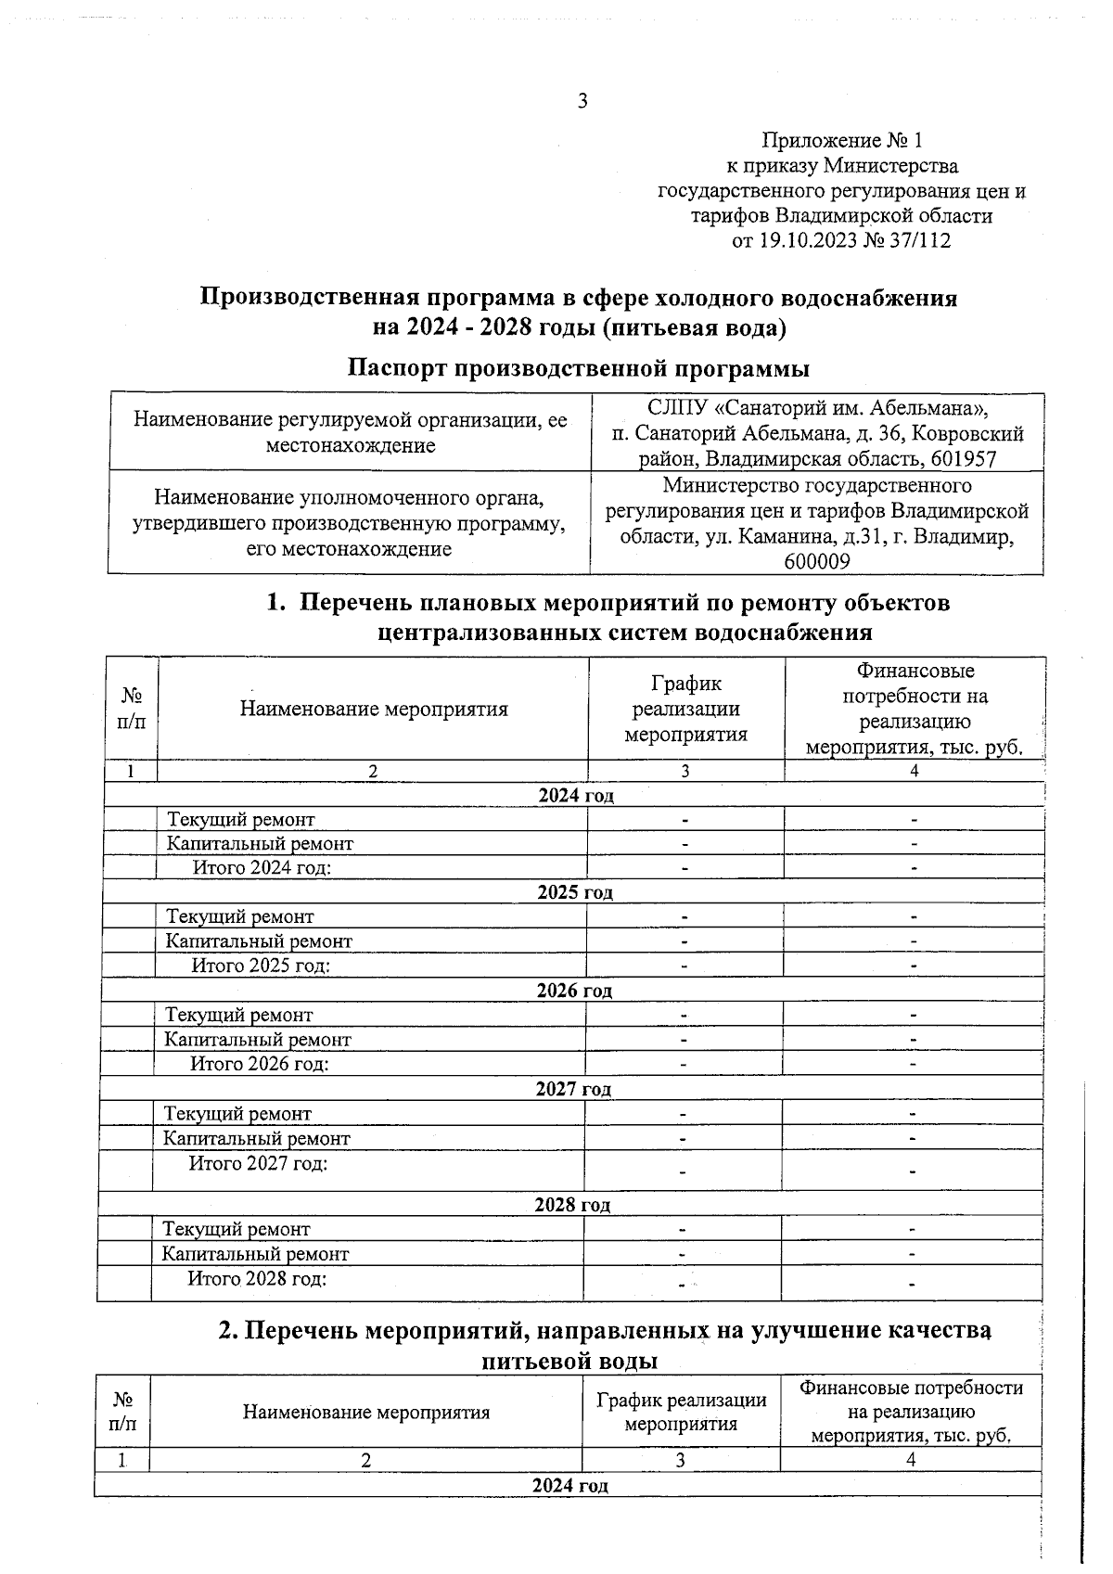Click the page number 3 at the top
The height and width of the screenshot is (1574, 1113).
point(582,102)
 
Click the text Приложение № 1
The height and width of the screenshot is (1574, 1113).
point(841,141)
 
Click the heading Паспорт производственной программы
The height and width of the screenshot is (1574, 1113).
point(578,368)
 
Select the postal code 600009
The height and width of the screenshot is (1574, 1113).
point(817,562)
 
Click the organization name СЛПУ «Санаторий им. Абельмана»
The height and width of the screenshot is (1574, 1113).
point(817,408)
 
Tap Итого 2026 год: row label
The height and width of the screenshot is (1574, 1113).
point(260,1064)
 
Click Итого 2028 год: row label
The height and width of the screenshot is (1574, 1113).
point(257,1279)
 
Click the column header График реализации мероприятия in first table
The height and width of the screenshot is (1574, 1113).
point(685,710)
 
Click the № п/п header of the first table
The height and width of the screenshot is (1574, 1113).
point(132,708)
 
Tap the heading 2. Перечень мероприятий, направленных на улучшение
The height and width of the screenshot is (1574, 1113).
point(604,1331)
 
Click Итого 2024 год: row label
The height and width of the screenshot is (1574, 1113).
point(262,867)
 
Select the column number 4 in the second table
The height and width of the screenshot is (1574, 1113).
point(911,1460)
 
